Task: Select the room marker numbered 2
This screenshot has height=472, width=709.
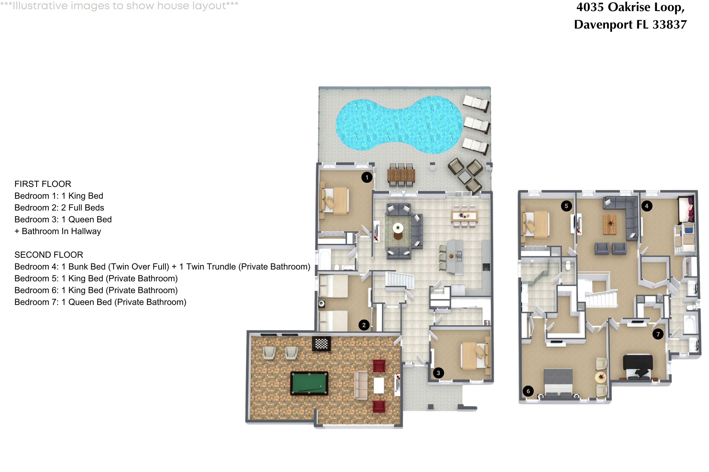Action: (x=364, y=325)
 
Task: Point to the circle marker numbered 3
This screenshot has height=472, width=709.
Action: (x=438, y=373)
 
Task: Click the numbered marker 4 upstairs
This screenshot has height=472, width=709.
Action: (x=646, y=206)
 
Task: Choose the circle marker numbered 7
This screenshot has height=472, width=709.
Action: (x=658, y=334)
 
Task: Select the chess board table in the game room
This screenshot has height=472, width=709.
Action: (x=321, y=343)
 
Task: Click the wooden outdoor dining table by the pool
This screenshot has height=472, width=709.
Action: (x=401, y=175)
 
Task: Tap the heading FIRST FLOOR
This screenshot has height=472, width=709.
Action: (x=43, y=184)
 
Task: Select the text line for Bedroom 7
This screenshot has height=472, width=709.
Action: (x=100, y=302)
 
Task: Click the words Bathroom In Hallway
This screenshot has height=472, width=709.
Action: (x=61, y=232)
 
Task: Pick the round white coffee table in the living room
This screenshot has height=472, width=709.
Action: (x=398, y=228)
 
